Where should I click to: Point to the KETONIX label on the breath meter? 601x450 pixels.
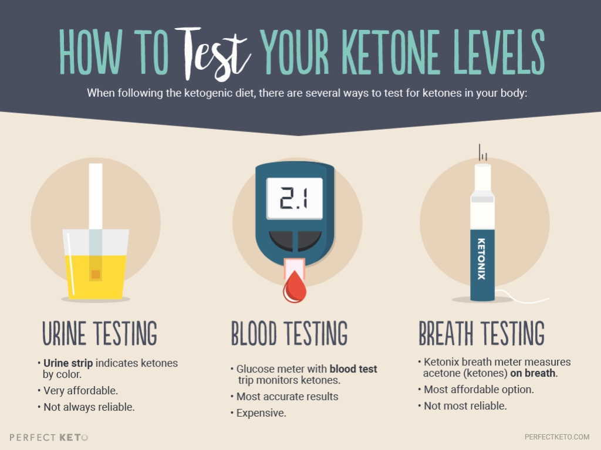coord(481,259)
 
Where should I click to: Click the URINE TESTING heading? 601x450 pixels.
coord(99,333)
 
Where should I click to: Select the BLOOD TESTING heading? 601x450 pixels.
coord(289,333)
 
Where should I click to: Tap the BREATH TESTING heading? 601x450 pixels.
coord(481,333)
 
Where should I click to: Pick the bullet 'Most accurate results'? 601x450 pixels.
coord(287,397)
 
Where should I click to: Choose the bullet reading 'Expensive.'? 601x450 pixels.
coord(261,413)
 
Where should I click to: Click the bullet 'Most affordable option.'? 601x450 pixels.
coord(478,389)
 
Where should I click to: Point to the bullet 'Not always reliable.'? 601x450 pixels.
coord(89,407)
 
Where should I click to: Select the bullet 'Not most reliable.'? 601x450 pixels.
coord(465,405)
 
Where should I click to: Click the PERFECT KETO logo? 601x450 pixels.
coord(49,437)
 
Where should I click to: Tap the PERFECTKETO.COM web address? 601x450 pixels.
coord(557,437)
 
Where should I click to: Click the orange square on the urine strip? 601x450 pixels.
coord(95,274)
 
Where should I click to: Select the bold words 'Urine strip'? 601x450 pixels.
coord(68,363)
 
